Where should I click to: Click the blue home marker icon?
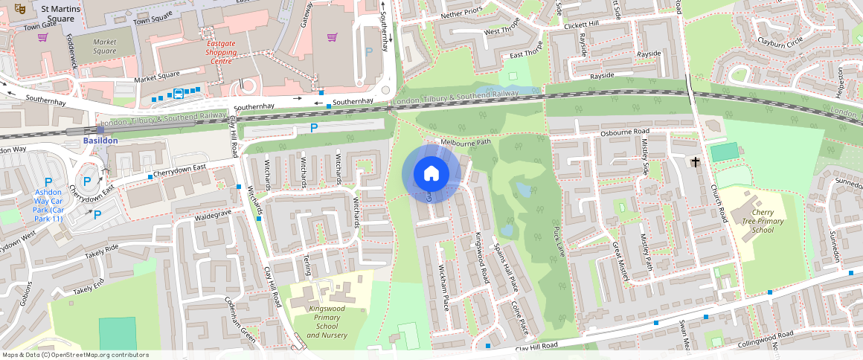tap(431, 174)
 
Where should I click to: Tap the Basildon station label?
tap(100, 140)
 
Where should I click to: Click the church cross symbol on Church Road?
tap(696, 161)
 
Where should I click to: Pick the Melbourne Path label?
tap(466, 142)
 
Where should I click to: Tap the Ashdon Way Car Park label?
tap(48, 206)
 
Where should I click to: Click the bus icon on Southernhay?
tap(179, 94)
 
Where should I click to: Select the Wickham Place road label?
tap(444, 287)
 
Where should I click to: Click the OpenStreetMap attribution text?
tap(75, 355)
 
